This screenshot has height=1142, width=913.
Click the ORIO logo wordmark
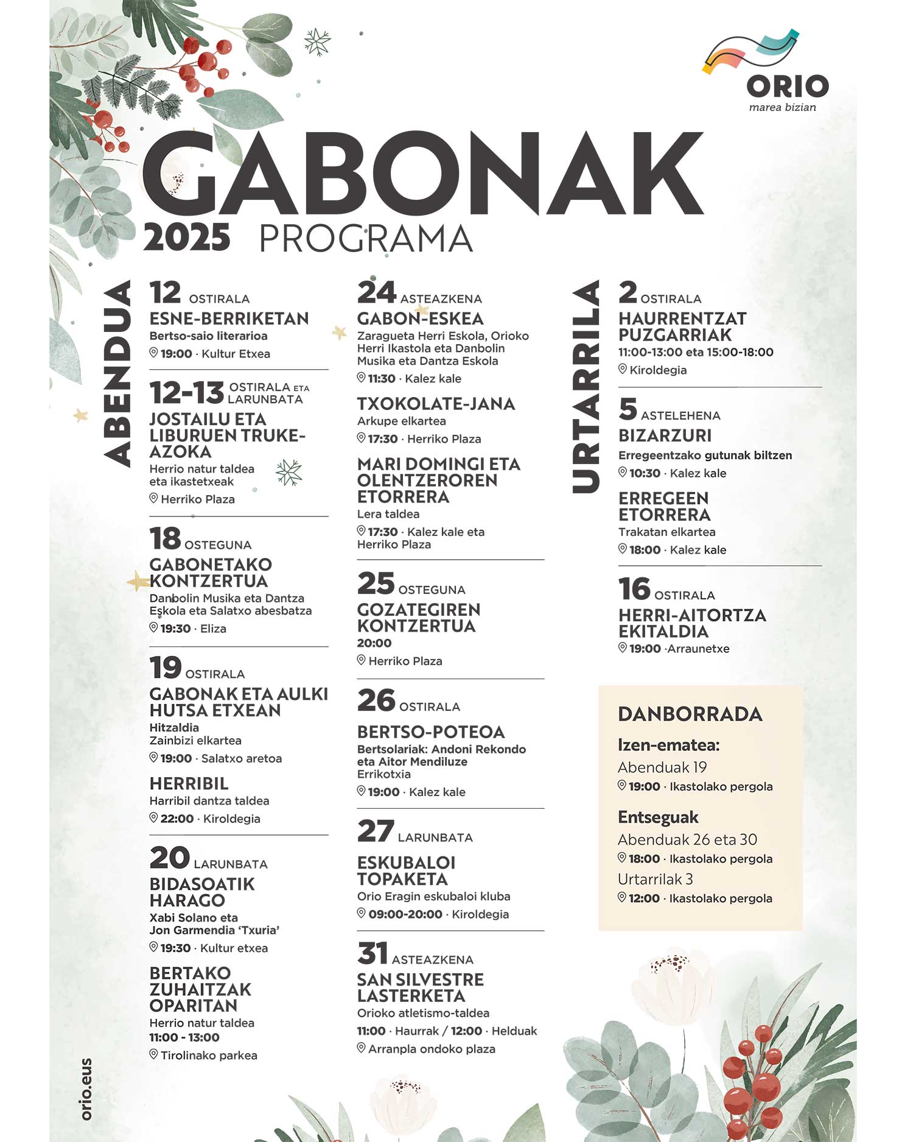[x=787, y=86]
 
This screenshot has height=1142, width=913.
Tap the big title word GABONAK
[x=422, y=174]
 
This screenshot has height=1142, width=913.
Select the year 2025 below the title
[x=187, y=238]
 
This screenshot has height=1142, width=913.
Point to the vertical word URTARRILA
[x=586, y=387]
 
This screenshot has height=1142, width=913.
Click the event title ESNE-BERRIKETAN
[x=229, y=319]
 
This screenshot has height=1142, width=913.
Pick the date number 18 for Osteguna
[x=166, y=539]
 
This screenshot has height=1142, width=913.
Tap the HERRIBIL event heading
[x=189, y=783]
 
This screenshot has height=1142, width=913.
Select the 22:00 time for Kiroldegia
[x=177, y=819]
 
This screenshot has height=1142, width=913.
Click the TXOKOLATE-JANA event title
[x=436, y=404]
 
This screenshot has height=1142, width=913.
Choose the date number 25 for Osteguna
[x=376, y=583]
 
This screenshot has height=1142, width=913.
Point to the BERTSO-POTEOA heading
[x=430, y=731]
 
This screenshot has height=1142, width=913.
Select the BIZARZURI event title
[x=665, y=435]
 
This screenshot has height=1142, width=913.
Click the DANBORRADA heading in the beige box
[x=690, y=714]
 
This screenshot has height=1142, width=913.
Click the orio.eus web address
[x=86, y=1089]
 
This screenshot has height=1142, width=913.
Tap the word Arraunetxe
[x=698, y=649]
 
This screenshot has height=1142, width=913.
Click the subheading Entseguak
[x=658, y=817]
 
